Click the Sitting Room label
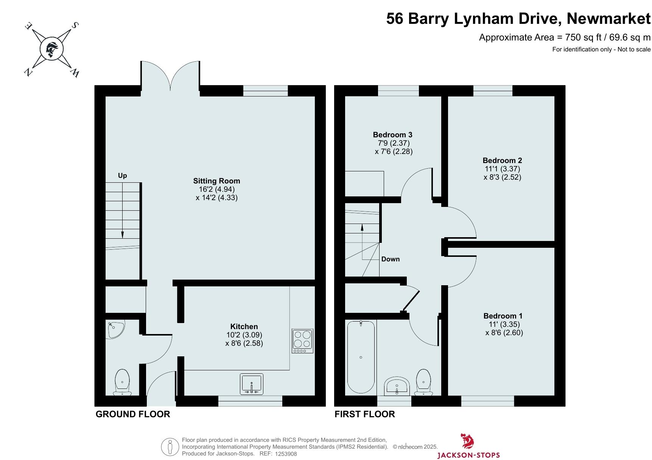216,181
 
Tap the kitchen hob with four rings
303,341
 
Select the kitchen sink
252,384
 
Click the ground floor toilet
122,382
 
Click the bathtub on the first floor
361,357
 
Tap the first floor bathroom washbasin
397,386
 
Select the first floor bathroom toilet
424,382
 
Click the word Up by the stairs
122,176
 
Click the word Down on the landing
391,259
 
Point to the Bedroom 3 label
392,135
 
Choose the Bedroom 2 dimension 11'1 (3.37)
503,169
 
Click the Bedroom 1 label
503,316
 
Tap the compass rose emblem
51,49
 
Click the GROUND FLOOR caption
133,414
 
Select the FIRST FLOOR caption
365,414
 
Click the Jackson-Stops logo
468,446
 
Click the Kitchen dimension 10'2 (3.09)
244,335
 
